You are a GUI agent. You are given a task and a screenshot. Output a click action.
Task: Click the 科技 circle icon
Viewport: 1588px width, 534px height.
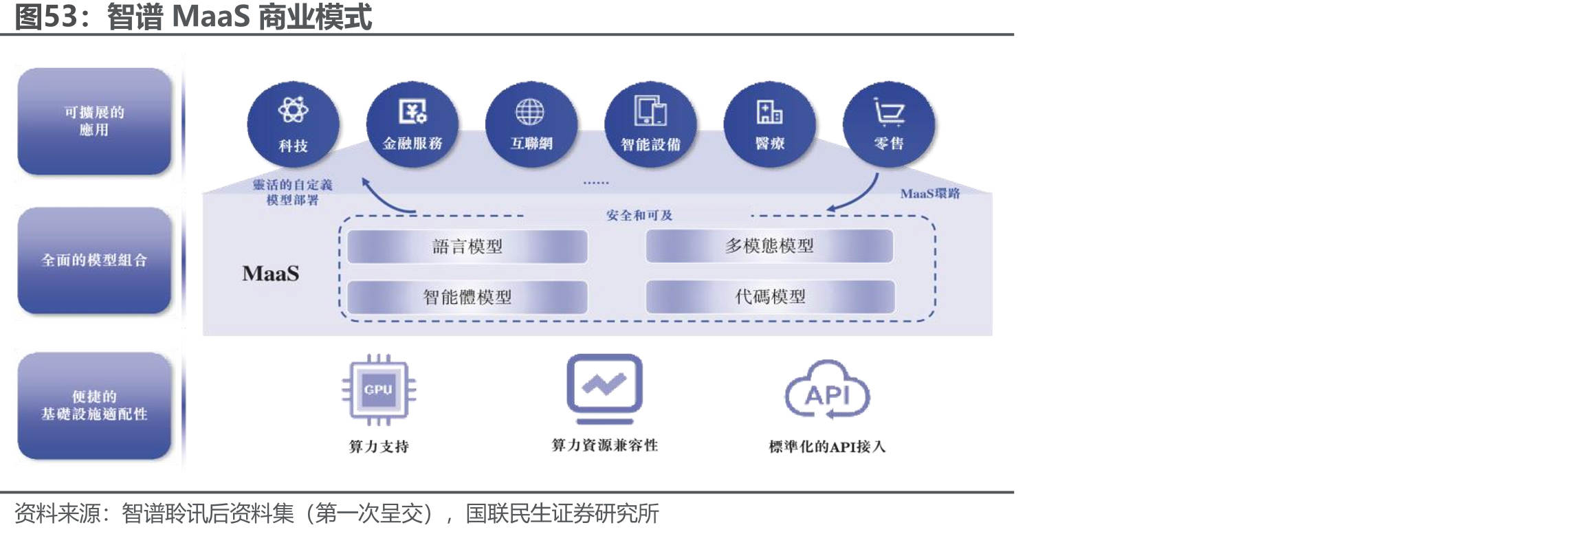point(293,124)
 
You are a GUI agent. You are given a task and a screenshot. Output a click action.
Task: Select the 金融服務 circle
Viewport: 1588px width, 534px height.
point(412,124)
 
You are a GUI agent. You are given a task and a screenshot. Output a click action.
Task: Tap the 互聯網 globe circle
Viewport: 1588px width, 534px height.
point(531,124)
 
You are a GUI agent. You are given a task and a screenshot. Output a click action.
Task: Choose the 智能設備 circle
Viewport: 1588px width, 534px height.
point(650,124)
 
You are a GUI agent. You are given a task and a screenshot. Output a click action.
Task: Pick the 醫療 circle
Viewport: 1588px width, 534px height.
point(770,124)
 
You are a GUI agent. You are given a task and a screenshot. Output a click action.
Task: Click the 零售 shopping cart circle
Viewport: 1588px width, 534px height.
point(889,124)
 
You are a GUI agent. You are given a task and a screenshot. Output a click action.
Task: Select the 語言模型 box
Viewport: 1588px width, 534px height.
point(467,247)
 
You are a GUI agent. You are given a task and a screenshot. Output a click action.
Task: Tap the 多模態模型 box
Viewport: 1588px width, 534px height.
point(770,246)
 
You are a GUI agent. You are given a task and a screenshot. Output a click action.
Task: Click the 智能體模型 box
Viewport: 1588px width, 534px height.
point(467,297)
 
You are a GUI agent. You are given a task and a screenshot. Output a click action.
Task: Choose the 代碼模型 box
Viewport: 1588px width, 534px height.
point(770,296)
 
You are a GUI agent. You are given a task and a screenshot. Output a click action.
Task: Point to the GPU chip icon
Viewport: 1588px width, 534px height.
point(379,390)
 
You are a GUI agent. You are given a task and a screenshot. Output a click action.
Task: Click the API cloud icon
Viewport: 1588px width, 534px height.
point(828,390)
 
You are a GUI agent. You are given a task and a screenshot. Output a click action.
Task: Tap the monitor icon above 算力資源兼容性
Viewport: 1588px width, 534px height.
point(604,389)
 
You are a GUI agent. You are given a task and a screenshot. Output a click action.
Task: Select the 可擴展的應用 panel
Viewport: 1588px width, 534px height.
point(94,121)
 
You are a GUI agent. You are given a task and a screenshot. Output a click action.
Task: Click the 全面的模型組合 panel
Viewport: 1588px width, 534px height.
point(94,260)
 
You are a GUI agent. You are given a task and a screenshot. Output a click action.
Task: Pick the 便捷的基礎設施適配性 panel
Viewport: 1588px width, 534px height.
point(94,405)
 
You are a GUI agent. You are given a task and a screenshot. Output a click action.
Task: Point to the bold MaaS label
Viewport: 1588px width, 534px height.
point(271,274)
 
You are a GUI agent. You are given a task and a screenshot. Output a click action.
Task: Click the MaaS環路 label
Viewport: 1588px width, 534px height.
point(930,194)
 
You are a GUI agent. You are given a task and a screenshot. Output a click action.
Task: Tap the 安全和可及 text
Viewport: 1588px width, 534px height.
point(639,215)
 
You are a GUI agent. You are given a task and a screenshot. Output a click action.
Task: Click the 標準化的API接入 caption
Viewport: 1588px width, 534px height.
point(827,447)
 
